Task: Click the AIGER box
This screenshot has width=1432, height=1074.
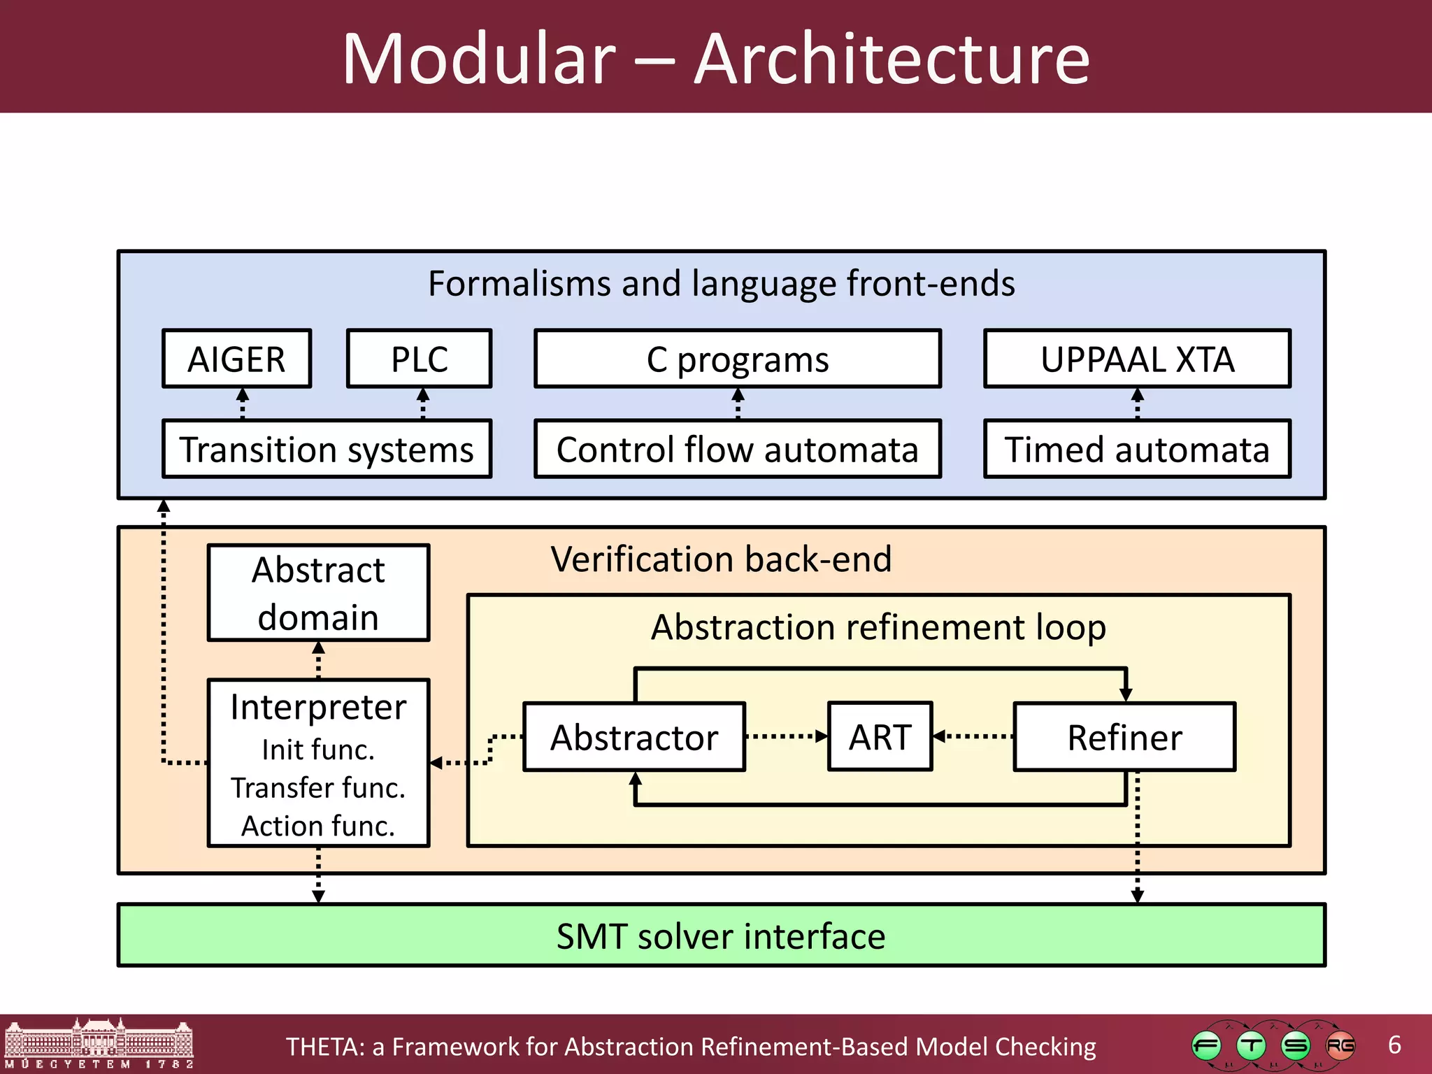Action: tap(236, 359)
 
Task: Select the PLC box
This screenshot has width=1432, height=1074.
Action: tap(419, 359)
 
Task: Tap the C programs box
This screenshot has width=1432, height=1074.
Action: tap(737, 359)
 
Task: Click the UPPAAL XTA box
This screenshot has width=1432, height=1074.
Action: tap(1137, 359)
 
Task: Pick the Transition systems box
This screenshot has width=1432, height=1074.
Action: tap(327, 449)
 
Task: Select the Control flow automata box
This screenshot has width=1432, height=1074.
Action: tap(737, 449)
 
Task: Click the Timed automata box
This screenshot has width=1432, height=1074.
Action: tap(1137, 449)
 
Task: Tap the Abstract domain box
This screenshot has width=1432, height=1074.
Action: tap(318, 593)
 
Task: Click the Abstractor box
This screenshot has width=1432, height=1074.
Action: tap(634, 737)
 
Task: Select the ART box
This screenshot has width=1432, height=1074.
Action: tap(880, 737)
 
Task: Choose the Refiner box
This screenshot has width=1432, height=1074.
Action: tap(1124, 737)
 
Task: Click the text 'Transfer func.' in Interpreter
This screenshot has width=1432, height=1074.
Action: tap(318, 788)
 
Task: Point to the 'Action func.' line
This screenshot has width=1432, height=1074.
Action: tap(318, 826)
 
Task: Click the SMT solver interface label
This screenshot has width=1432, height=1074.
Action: tap(721, 936)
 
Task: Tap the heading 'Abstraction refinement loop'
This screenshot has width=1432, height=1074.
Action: tap(878, 627)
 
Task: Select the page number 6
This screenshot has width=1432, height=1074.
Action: tap(1394, 1045)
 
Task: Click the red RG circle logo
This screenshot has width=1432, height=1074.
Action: tap(1340, 1046)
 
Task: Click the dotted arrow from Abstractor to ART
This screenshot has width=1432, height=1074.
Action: tap(786, 736)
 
